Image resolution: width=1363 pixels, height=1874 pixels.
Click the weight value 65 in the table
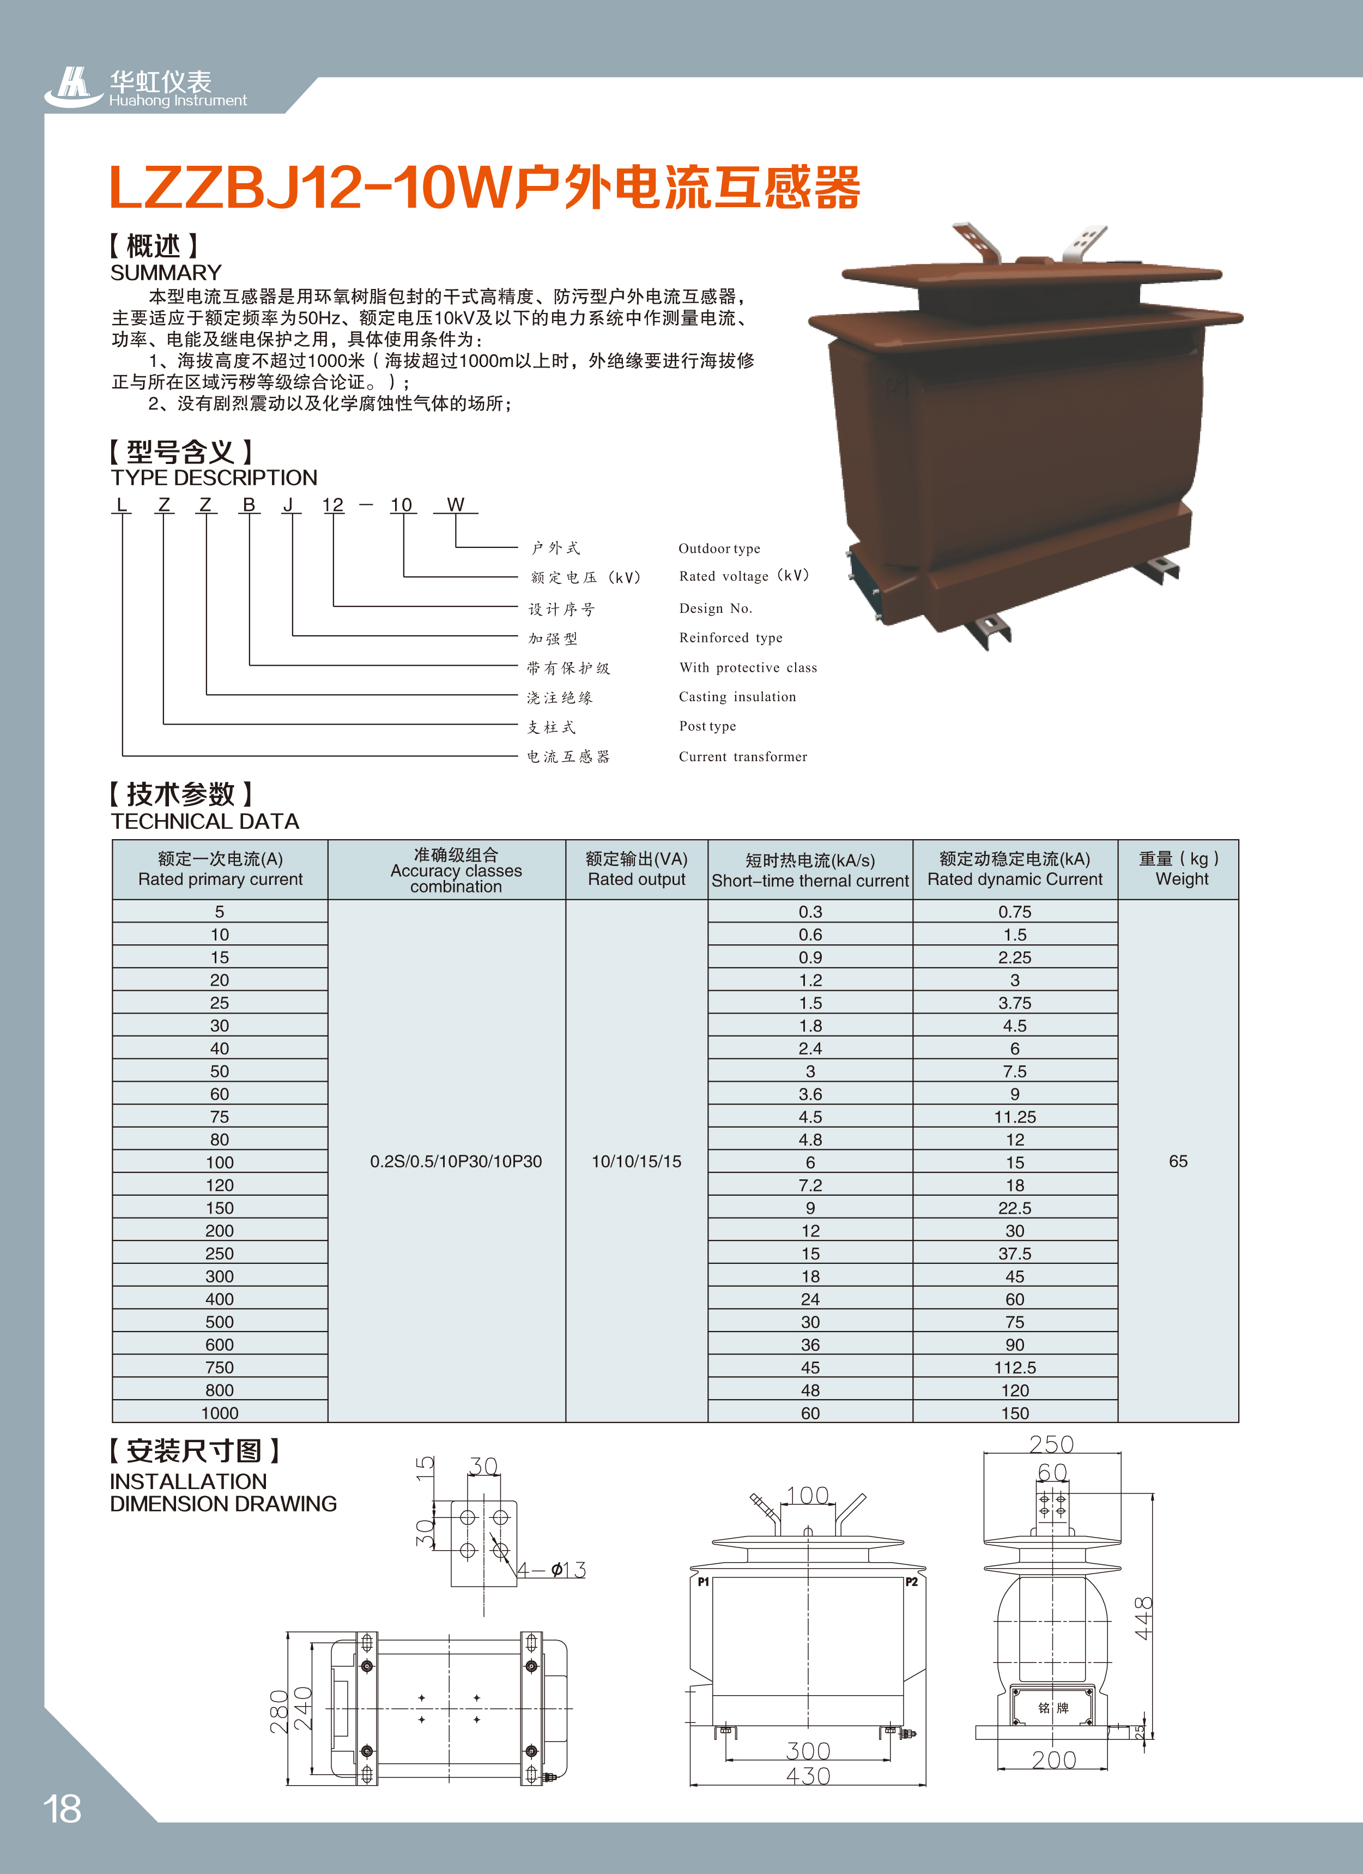click(x=1178, y=1161)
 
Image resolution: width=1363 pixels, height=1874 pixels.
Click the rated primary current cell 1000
click(x=220, y=1413)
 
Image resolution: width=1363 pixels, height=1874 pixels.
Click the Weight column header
click(x=1180, y=869)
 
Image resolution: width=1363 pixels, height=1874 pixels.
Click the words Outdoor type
click(x=719, y=549)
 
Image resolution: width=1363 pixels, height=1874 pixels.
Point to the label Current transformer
click(x=743, y=757)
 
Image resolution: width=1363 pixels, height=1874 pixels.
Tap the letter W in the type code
click(x=455, y=505)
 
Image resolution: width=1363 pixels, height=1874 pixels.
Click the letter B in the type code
click(x=249, y=505)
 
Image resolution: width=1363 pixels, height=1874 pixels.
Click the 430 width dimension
click(x=807, y=1776)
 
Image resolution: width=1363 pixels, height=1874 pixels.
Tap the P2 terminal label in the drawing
click(x=911, y=1582)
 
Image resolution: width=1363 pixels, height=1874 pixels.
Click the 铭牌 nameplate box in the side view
click(x=1053, y=1708)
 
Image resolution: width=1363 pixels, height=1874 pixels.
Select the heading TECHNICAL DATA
click(x=205, y=821)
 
